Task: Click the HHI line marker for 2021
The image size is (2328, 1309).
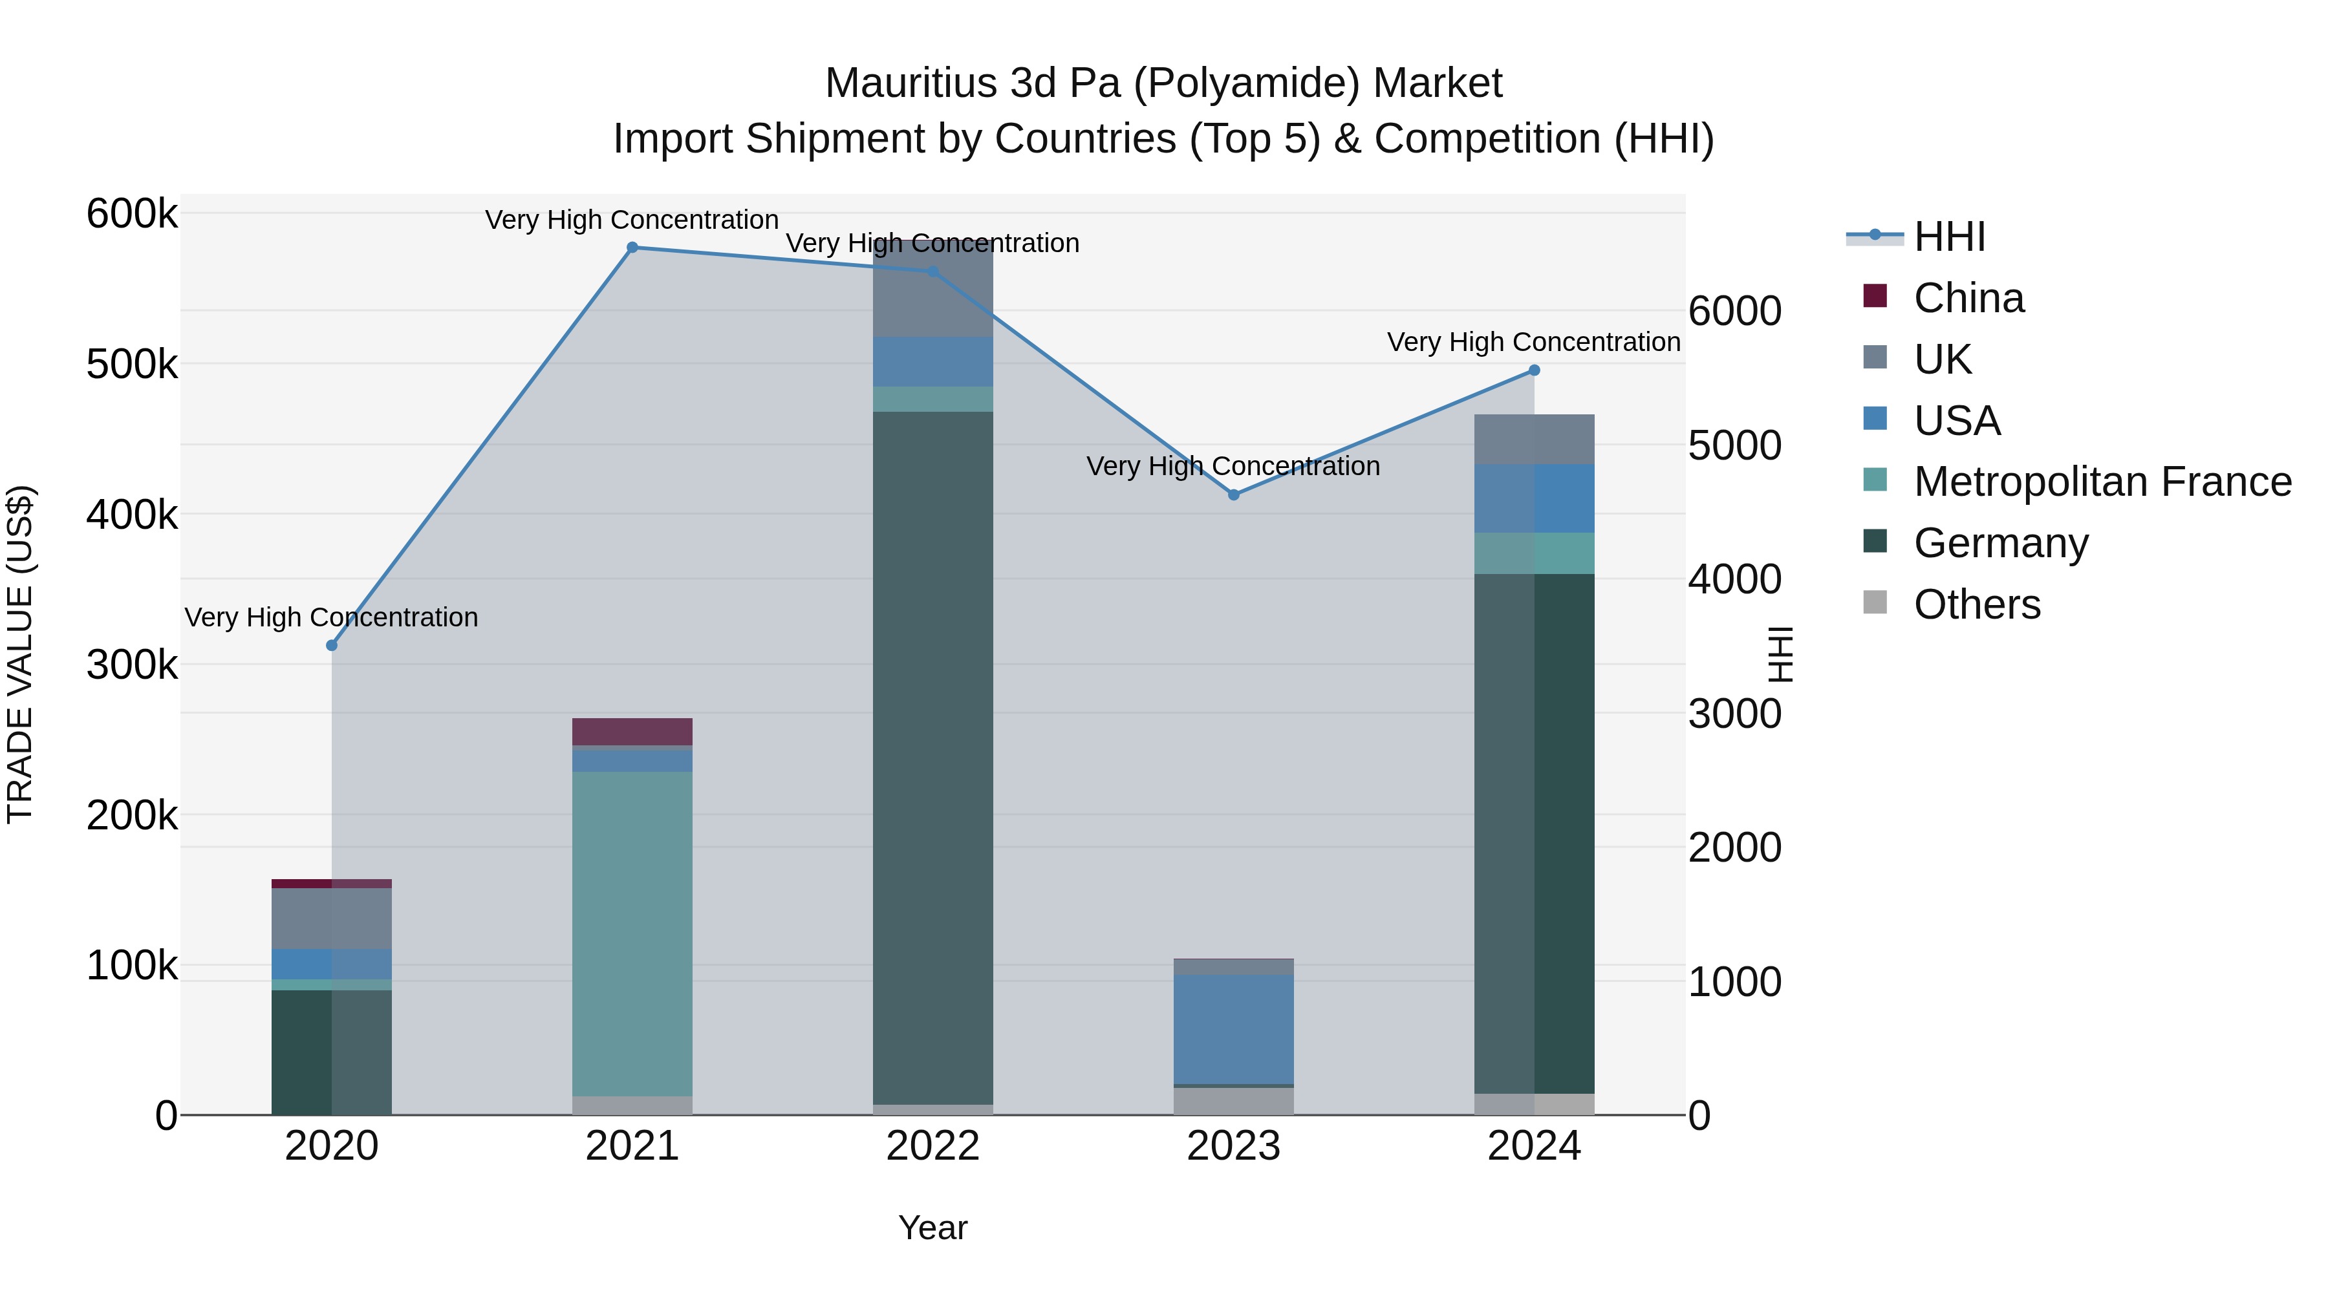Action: point(632,248)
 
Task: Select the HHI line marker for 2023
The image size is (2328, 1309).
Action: point(1234,495)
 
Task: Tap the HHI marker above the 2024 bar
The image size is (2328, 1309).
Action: point(1534,370)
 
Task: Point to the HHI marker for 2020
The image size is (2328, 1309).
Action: point(332,646)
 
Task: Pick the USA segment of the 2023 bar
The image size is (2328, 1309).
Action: point(1234,1029)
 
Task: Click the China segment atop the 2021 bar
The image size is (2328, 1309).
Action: point(632,732)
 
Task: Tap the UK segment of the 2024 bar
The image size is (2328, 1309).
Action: point(1534,440)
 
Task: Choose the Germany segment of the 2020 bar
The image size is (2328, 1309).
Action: point(332,1052)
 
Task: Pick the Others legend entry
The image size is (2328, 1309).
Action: point(1976,604)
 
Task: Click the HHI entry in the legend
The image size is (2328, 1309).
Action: point(1948,237)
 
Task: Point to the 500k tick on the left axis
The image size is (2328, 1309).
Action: point(132,365)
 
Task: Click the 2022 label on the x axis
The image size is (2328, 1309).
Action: point(932,1146)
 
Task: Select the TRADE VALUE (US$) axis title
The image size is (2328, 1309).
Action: point(20,654)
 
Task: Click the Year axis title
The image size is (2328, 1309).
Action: point(932,1228)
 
